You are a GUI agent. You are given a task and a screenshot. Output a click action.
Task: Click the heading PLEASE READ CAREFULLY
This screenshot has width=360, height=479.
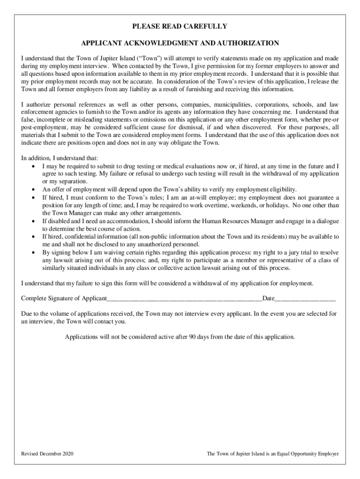click(180, 26)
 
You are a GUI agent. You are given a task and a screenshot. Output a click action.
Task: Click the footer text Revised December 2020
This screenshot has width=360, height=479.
click(47, 454)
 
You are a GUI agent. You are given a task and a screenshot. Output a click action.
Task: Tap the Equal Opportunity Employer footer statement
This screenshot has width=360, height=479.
click(273, 454)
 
